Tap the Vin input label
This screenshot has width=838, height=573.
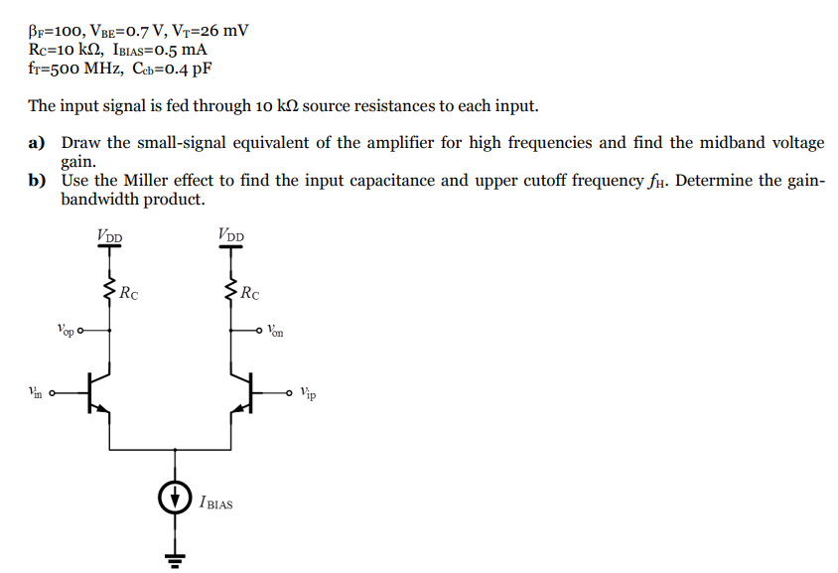click(36, 392)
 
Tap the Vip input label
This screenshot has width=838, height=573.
click(309, 393)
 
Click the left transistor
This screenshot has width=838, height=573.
click(99, 393)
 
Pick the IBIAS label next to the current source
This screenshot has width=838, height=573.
click(215, 503)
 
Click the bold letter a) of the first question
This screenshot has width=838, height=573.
click(38, 143)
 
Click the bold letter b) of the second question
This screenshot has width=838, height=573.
click(38, 181)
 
